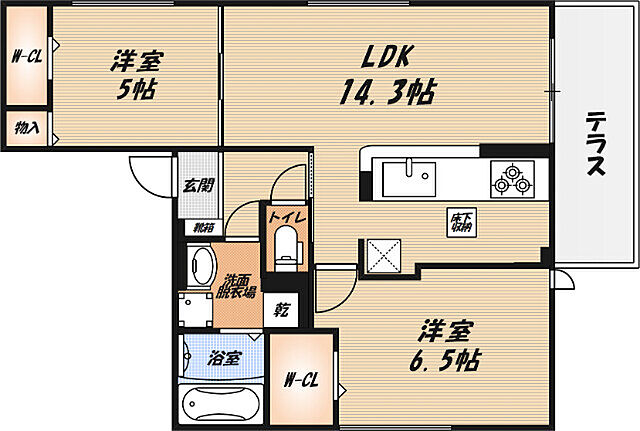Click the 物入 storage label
pyautogui.click(x=26, y=128)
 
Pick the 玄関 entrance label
pyautogui.click(x=198, y=184)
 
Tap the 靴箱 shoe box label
pyautogui.click(x=203, y=227)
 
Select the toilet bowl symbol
pyautogui.click(x=286, y=244)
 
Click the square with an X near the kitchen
pyautogui.click(x=382, y=255)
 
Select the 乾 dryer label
pyautogui.click(x=281, y=309)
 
